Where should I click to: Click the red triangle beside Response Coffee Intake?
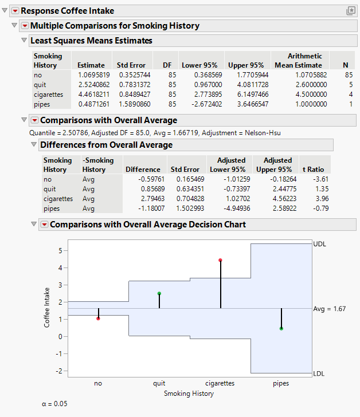15,11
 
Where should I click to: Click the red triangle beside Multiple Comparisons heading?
24,26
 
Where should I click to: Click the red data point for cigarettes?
220,260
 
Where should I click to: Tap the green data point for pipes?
281,328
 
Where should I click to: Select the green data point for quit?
159,293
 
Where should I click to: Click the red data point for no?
98,318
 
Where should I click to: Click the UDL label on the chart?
320,243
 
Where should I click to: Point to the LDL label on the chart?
320,373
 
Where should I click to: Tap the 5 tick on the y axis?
60,251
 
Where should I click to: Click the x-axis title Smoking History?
189,394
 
